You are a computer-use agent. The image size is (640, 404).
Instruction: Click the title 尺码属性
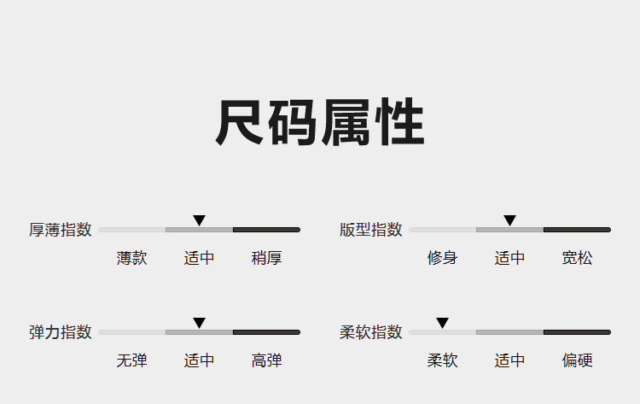pyautogui.click(x=320, y=122)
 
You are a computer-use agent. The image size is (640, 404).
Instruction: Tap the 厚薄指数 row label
pyautogui.click(x=61, y=230)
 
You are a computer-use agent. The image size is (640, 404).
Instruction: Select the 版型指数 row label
pyautogui.click(x=371, y=230)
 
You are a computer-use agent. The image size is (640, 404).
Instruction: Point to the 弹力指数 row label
pyautogui.click(x=61, y=332)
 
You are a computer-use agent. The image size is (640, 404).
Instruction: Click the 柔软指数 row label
pyautogui.click(x=371, y=332)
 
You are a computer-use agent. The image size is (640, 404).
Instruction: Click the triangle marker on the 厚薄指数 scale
pyautogui.click(x=199, y=220)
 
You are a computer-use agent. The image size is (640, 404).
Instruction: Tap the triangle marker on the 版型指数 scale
pyautogui.click(x=509, y=220)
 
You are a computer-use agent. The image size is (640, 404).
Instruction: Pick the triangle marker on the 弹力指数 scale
pyautogui.click(x=199, y=323)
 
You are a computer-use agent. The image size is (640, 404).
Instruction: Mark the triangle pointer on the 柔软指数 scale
pyautogui.click(x=442, y=323)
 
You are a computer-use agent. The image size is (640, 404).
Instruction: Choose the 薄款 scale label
pyautogui.click(x=131, y=258)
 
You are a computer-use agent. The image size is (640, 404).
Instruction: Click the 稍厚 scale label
pyautogui.click(x=266, y=258)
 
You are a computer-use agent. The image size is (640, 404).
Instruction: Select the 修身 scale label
pyautogui.click(x=442, y=258)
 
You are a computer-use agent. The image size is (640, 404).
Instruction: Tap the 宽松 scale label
pyautogui.click(x=577, y=258)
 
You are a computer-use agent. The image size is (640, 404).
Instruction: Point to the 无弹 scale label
pyautogui.click(x=131, y=360)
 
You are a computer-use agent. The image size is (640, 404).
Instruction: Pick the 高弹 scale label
pyautogui.click(x=266, y=360)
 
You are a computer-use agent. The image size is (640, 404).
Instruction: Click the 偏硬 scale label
pyautogui.click(x=577, y=360)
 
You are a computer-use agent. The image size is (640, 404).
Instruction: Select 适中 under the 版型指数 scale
pyautogui.click(x=509, y=258)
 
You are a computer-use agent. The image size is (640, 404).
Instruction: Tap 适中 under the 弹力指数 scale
pyautogui.click(x=199, y=360)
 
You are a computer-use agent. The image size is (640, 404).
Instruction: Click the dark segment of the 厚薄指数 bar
pyautogui.click(x=266, y=230)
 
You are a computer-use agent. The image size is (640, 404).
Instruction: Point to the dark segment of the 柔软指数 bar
pyautogui.click(x=577, y=332)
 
